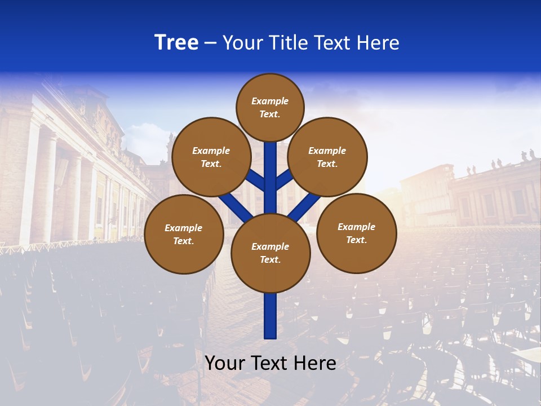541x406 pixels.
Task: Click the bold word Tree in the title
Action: point(176,43)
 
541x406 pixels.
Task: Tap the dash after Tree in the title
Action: point(210,43)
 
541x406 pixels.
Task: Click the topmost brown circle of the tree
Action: point(270,107)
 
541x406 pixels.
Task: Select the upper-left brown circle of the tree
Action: point(211,157)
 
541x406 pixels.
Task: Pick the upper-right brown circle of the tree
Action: point(327,157)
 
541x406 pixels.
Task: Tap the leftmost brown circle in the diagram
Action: point(184,234)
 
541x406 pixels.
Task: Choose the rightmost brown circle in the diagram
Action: point(356,233)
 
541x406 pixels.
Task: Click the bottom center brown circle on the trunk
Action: point(270,253)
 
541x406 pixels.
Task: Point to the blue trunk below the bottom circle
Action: point(270,316)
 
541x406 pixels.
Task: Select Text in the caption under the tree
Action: point(270,363)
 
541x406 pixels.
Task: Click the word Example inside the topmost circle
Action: point(270,101)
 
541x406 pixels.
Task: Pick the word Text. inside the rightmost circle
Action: point(356,240)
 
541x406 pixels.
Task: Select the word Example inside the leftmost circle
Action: point(183,228)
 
